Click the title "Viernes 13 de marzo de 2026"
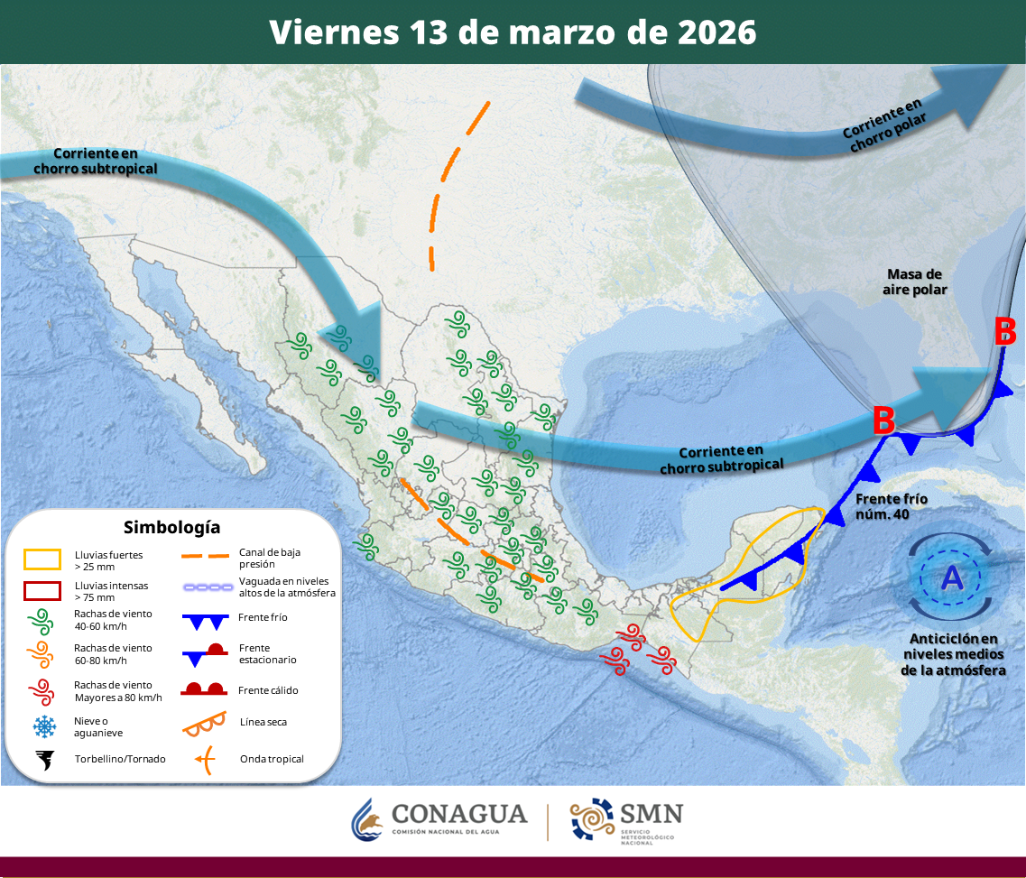[513, 32]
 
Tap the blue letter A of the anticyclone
[952, 578]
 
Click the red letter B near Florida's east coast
[1005, 332]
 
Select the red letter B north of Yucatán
[883, 421]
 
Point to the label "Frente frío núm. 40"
[892, 506]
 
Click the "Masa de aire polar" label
[915, 282]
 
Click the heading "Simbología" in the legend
[171, 527]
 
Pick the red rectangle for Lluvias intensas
[42, 591]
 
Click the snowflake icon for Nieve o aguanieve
[42, 726]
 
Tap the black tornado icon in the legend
[42, 759]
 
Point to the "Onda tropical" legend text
[272, 759]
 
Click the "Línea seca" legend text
[263, 722]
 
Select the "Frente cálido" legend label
[268, 690]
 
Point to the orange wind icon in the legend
[42, 654]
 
